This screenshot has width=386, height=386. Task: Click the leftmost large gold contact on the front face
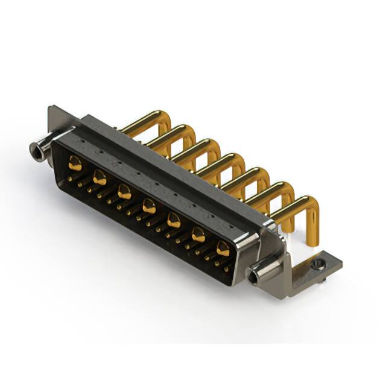point(75,162)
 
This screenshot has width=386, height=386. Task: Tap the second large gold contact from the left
point(100,177)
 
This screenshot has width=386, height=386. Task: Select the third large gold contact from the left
point(124,192)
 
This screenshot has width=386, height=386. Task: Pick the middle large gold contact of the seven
point(148,207)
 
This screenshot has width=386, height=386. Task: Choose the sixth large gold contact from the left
point(198,234)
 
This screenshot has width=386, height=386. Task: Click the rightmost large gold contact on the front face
point(223,248)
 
